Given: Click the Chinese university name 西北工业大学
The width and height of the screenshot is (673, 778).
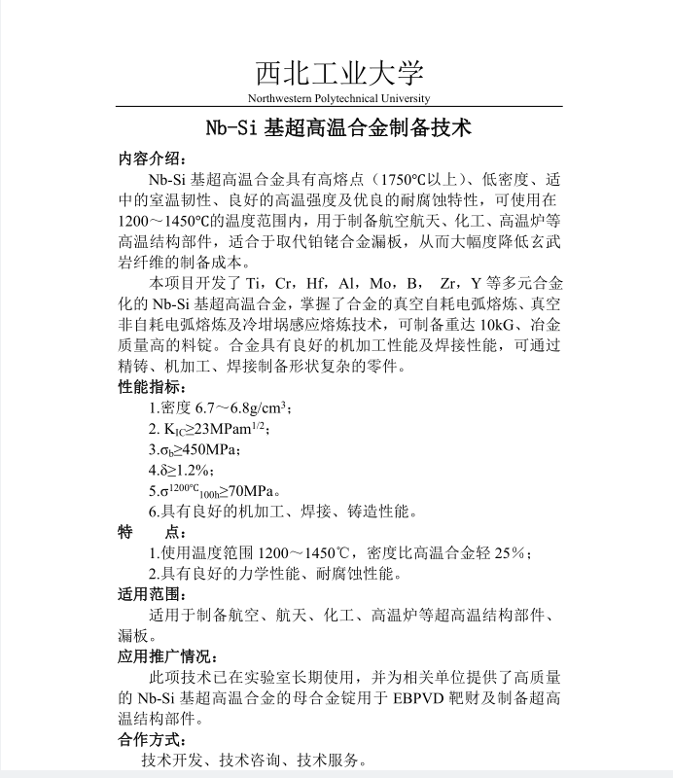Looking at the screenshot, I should click(x=339, y=73).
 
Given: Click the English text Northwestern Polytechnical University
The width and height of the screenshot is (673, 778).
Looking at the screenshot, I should click(x=338, y=98).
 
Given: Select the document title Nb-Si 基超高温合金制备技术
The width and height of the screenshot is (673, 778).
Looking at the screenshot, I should click(x=338, y=126).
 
